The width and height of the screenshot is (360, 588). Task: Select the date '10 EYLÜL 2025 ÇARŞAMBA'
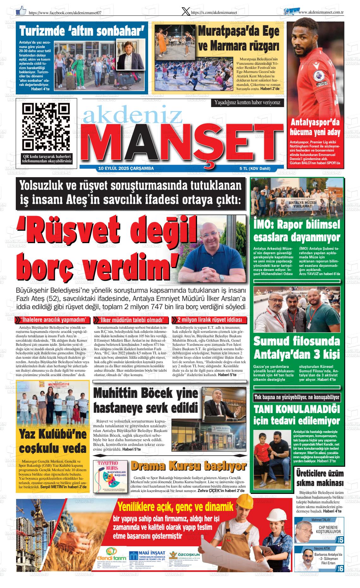pyautogui.click(x=126, y=169)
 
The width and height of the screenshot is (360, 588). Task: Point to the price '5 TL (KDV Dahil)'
pyautogui.click(x=255, y=169)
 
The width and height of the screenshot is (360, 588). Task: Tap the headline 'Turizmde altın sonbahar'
pyautogui.click(x=82, y=32)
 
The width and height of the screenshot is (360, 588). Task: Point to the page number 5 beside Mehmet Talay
pyautogui.click(x=341, y=540)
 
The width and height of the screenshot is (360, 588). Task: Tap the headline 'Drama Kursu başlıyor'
pyautogui.click(x=188, y=466)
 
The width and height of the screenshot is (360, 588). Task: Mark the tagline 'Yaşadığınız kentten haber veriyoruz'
pyautogui.click(x=247, y=102)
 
